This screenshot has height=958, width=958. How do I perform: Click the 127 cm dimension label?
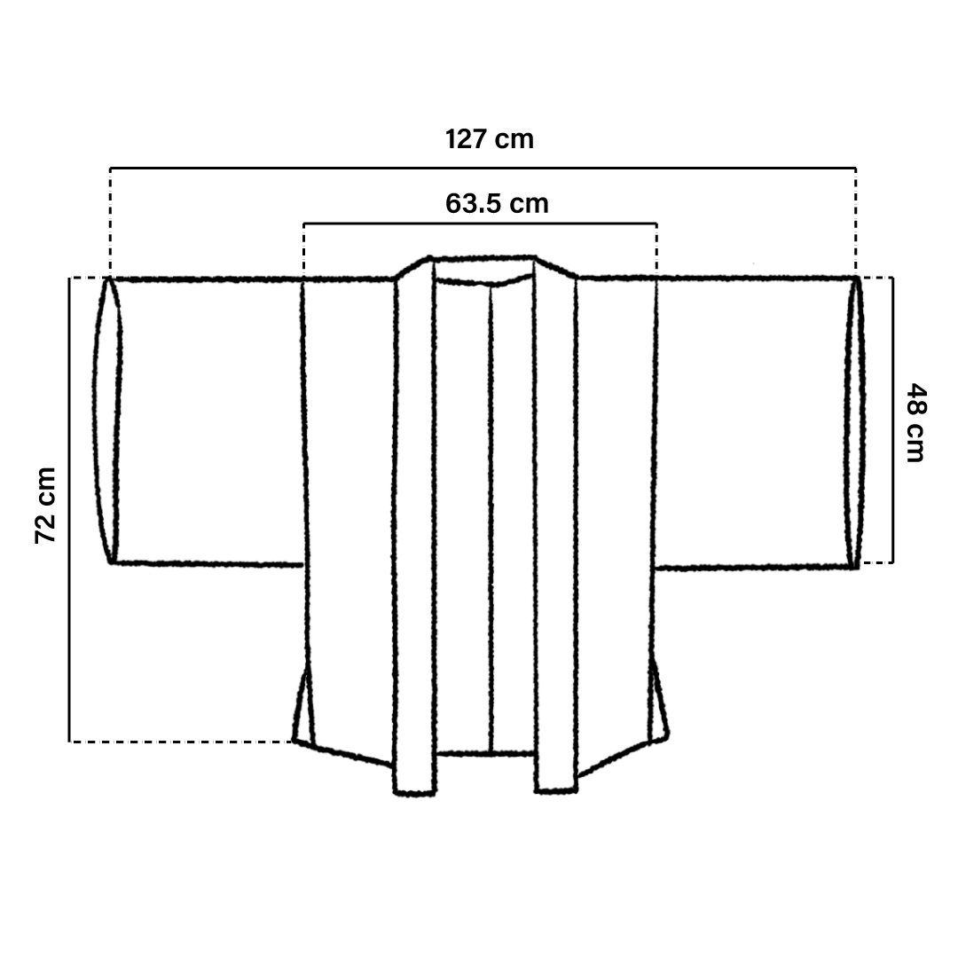tap(490, 139)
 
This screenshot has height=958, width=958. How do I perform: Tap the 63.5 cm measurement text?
tap(497, 203)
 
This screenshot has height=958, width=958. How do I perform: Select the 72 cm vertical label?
tap(46, 506)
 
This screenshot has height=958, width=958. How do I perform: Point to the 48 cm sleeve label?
tap(915, 422)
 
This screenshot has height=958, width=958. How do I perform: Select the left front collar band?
tap(415, 525)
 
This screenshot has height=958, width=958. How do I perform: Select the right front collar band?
tap(555, 525)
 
